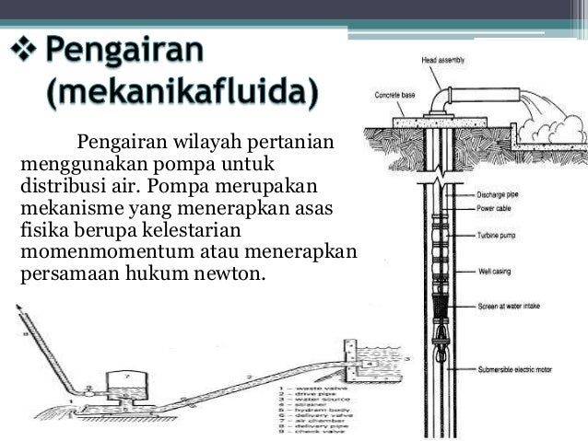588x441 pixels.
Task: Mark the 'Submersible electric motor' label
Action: pyautogui.click(x=522, y=370)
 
